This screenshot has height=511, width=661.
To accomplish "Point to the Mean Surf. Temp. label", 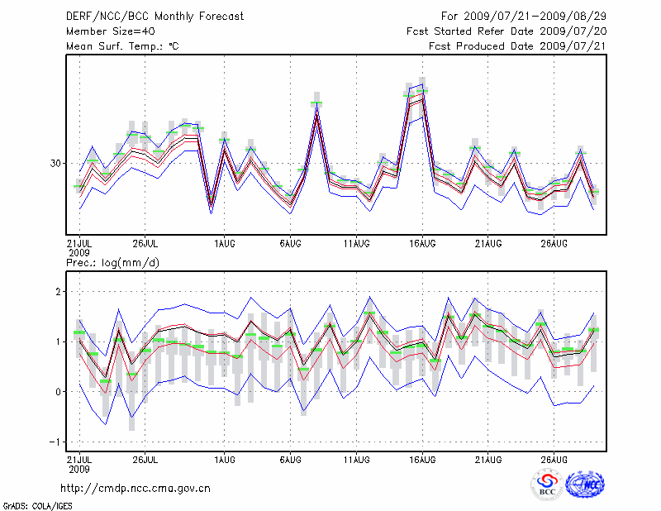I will pos(122,46).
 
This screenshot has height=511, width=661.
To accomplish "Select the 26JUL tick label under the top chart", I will pos(145,244).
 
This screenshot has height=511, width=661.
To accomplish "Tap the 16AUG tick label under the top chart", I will pos(423,244).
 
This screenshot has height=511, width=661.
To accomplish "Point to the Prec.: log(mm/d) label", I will pos(112,263).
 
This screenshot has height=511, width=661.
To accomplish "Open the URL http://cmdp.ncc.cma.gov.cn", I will pos(136,488).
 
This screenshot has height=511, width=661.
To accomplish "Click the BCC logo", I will pos(547,485).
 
